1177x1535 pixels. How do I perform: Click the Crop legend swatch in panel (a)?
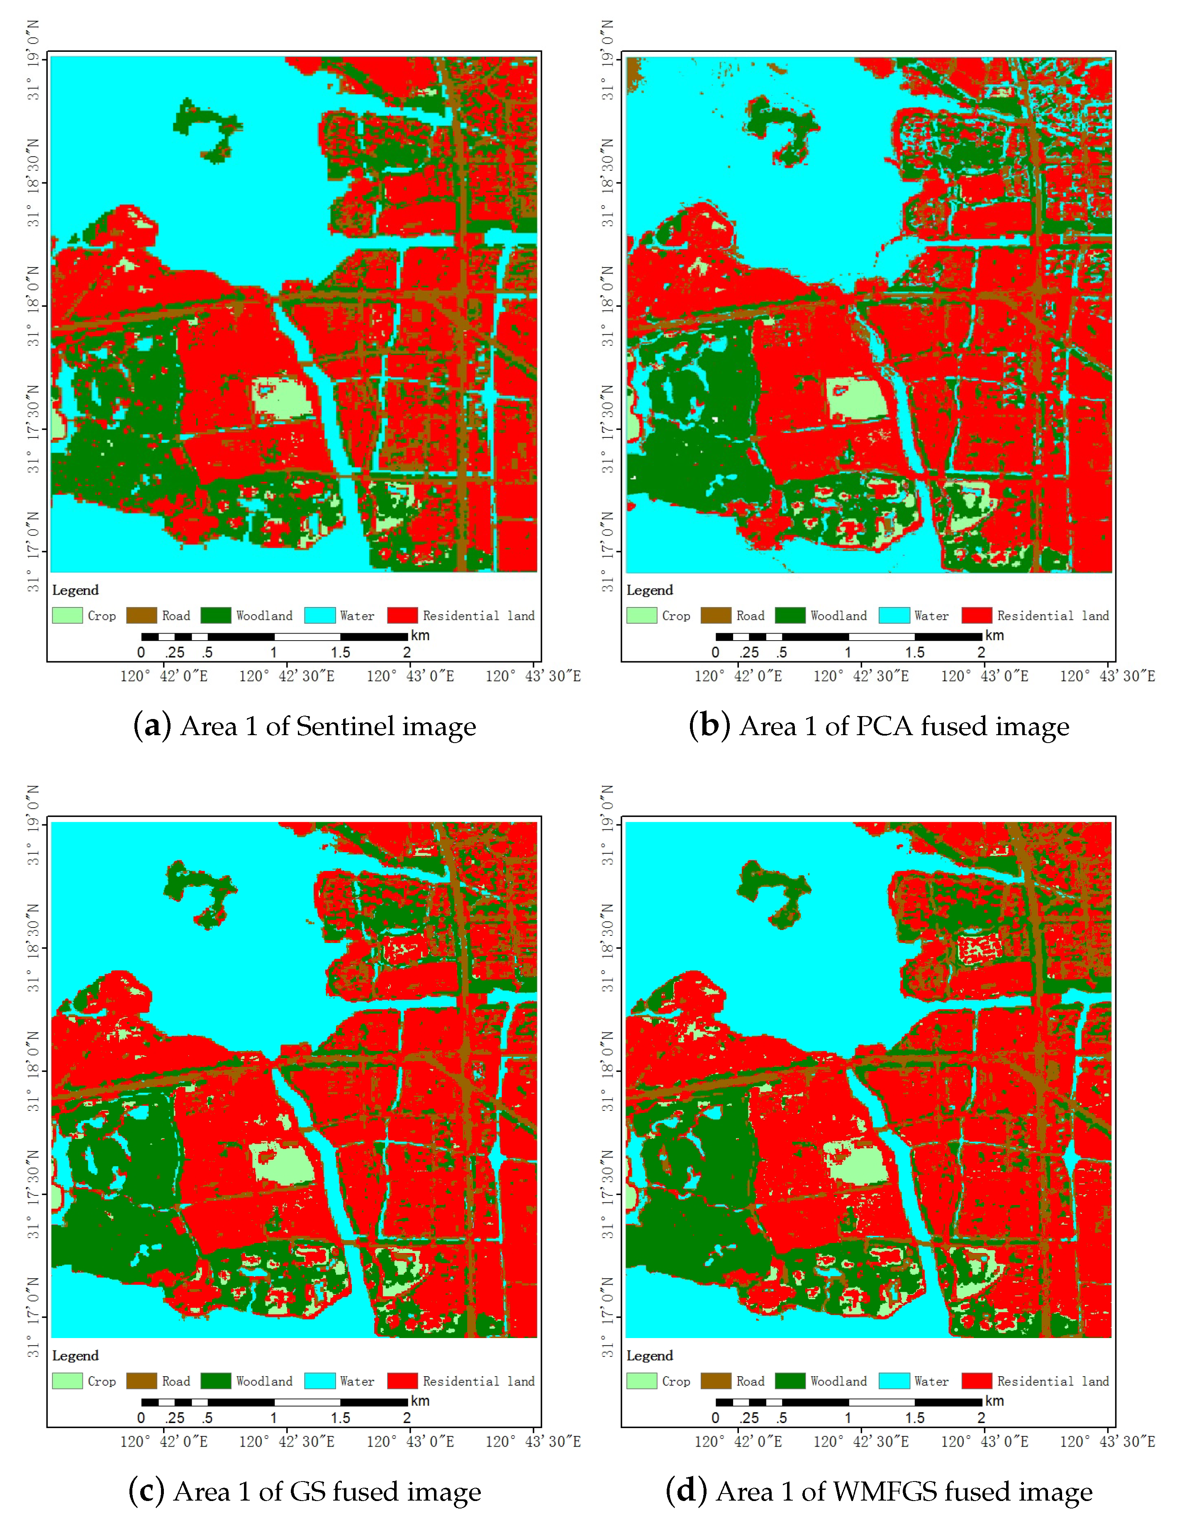coord(67,616)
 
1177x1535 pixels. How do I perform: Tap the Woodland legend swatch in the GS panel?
coord(216,1381)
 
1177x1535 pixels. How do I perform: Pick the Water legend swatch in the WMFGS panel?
coord(894,1381)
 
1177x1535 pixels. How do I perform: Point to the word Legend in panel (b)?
coord(649,590)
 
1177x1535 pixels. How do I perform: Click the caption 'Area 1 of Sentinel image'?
coord(305,726)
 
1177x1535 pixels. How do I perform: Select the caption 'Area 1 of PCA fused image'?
coord(879,726)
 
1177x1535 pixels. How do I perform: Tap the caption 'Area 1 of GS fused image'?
coord(305,1491)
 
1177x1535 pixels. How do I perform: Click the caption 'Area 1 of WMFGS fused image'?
coord(879,1491)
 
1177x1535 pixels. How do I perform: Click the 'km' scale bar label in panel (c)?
coord(420,1401)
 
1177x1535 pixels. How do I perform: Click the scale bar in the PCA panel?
coord(848,636)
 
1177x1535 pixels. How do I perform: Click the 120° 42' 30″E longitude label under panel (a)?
coord(287,676)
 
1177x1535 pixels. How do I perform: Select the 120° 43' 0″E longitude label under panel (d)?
coord(984,1442)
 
